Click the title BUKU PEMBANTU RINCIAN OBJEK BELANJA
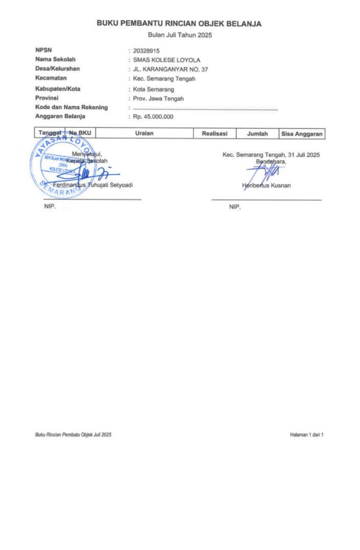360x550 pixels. [179, 24]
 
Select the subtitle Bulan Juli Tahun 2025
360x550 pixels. [179, 35]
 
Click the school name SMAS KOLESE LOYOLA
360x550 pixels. [166, 60]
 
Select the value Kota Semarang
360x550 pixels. [153, 89]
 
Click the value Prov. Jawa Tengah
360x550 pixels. [158, 98]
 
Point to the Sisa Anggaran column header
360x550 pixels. [301, 134]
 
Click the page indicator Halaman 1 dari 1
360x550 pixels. [306, 434]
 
